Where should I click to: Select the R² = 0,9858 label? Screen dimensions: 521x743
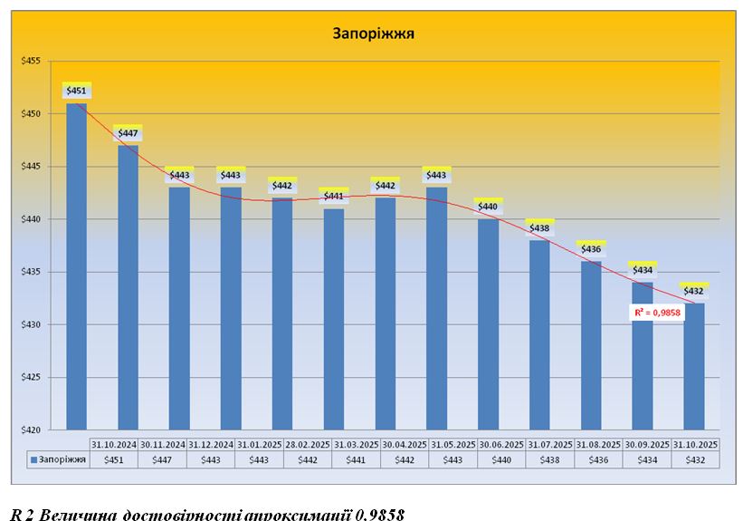(657, 312)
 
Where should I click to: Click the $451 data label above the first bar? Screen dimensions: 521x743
(77, 90)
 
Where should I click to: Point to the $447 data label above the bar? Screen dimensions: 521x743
(129, 133)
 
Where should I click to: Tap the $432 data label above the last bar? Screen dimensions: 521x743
(694, 291)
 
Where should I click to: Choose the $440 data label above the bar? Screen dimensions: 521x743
(489, 207)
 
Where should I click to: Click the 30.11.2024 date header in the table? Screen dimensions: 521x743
(163, 444)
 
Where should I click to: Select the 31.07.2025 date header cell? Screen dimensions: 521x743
(550, 444)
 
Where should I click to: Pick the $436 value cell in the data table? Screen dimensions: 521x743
(598, 459)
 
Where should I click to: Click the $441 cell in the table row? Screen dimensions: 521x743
(356, 459)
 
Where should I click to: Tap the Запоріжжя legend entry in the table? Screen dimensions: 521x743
(59, 459)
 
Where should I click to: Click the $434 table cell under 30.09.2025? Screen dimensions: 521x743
(646, 459)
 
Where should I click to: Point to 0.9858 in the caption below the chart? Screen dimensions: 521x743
(381, 514)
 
